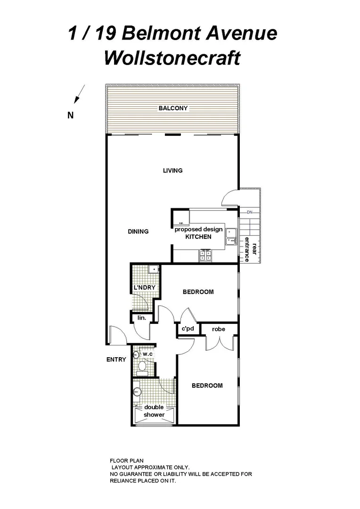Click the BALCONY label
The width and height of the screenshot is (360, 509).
(173, 108)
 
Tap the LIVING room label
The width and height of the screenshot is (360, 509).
(172, 171)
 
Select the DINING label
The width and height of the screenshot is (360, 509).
(138, 231)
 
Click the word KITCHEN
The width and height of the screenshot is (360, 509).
(198, 237)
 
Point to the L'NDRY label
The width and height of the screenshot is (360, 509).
(144, 287)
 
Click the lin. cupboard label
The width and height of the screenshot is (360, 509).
(141, 318)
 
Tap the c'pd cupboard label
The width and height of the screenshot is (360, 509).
(188, 329)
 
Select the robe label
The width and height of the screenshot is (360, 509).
(218, 329)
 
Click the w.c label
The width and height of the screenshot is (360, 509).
(147, 353)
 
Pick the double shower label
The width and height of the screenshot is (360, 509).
(154, 411)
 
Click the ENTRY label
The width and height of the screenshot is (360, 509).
(116, 360)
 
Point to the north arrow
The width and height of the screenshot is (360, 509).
(79, 93)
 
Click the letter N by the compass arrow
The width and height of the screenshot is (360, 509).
(71, 115)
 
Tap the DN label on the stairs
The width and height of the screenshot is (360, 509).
(250, 213)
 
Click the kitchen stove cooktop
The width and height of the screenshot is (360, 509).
(205, 255)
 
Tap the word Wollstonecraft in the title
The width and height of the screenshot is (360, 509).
(172, 58)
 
